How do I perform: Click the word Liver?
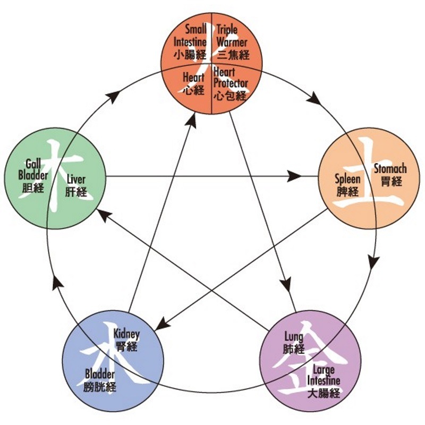coord(76,180)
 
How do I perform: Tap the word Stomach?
coord(390,169)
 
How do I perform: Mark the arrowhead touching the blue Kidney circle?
coord(160,324)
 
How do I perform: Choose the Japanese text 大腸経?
coord(324,394)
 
